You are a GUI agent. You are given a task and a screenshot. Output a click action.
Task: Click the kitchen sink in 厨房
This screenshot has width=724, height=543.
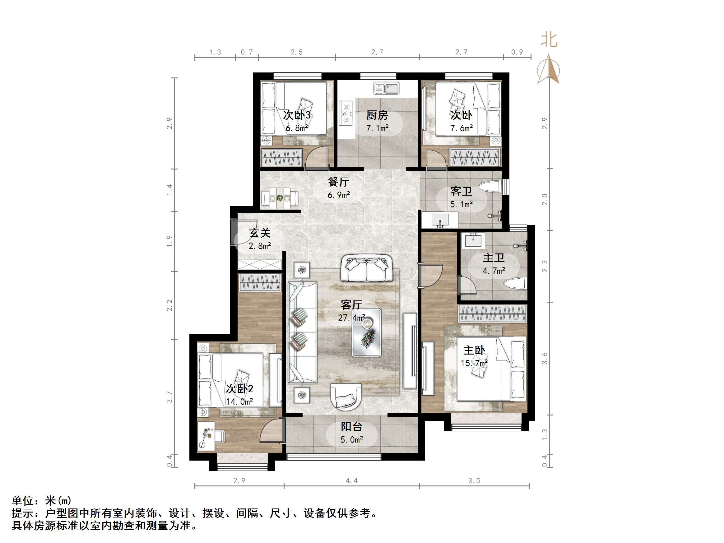[386, 88]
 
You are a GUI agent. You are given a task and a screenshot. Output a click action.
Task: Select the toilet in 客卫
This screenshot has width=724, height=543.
[490, 187]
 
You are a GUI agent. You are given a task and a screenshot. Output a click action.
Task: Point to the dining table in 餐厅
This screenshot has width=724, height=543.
[280, 198]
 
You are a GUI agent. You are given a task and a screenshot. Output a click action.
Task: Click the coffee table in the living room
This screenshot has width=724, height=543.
[367, 332]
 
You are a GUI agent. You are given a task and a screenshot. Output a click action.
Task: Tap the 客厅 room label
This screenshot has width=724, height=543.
[351, 305]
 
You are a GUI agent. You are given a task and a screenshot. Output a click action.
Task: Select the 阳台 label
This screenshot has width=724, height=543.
[351, 427]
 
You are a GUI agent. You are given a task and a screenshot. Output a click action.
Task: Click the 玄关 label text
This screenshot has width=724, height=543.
[260, 233]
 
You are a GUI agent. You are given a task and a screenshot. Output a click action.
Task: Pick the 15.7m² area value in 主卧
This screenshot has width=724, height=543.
[474, 363]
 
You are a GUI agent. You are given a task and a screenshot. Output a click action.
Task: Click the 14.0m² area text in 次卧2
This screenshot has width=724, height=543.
[239, 401]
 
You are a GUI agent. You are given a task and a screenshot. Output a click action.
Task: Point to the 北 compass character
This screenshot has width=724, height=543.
[549, 40]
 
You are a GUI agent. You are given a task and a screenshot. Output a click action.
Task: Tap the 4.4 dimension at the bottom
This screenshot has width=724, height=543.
[351, 480]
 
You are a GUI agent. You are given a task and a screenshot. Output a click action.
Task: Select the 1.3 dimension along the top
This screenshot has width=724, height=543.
[215, 52]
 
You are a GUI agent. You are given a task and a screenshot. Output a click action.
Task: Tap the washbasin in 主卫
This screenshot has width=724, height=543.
[473, 241]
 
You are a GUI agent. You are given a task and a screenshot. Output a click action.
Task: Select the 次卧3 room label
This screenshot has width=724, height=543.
[297, 115]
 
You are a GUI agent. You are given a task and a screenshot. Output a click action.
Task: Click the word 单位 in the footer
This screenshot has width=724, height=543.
[23, 501]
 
